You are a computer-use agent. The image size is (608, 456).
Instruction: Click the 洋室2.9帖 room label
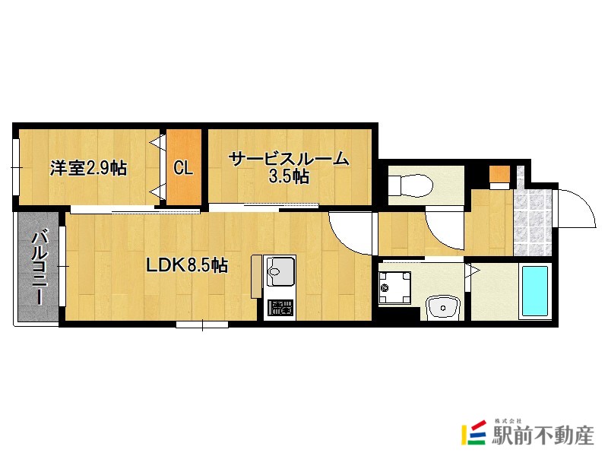[x=88, y=168]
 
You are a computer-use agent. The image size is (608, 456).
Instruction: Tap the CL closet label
[x=183, y=168]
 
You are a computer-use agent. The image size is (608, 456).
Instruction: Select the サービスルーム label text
[x=289, y=159]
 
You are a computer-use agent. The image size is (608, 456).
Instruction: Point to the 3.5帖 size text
[x=289, y=178]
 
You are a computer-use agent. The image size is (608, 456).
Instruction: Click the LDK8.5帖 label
[x=187, y=265]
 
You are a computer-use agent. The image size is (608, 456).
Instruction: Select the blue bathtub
[x=534, y=292]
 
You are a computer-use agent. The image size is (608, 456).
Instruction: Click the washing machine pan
[x=394, y=287]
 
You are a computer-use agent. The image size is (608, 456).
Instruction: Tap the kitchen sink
[x=280, y=272]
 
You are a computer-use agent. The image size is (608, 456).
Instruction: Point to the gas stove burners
[x=280, y=309]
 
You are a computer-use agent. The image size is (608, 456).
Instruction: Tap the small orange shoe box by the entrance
[x=499, y=174]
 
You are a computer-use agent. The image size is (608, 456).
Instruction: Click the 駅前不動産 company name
[x=542, y=435]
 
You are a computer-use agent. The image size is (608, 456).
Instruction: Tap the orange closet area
[x=184, y=168]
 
